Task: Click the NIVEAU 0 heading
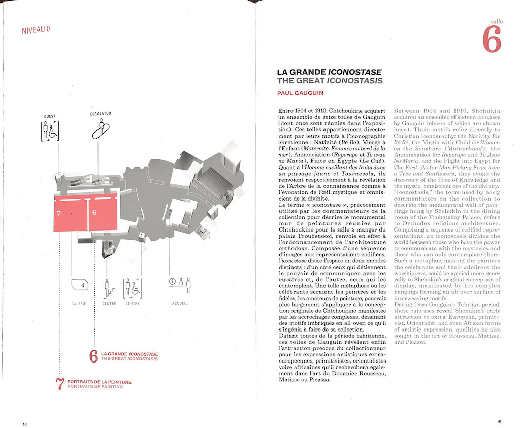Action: point(36,29)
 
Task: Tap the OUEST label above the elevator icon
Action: point(50,116)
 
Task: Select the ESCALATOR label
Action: point(100,113)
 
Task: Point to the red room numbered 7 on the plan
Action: point(70,213)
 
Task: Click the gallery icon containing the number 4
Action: point(80,286)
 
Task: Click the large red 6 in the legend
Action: point(93,356)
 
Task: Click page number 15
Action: point(499,422)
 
